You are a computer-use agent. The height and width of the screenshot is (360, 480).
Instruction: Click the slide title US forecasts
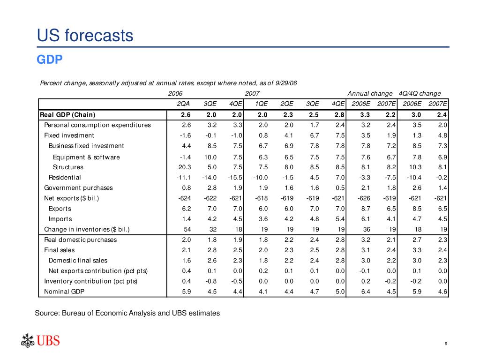pos(85,36)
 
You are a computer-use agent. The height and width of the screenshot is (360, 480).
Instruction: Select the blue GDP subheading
pos(50,60)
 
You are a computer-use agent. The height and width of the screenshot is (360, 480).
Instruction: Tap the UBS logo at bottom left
pos(41,340)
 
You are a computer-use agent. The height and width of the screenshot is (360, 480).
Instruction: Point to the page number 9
pos(446,345)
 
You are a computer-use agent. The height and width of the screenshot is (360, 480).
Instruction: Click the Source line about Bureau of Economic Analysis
pos(127,313)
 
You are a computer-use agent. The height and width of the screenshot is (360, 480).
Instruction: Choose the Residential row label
pos(65,177)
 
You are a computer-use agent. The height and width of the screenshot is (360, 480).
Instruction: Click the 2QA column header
pos(183,104)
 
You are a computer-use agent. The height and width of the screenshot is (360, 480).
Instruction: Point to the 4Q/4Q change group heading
pos(420,93)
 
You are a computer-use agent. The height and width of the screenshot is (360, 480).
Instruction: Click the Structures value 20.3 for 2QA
pos(182,167)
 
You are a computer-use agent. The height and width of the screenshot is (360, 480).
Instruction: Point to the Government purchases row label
pos(78,188)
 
